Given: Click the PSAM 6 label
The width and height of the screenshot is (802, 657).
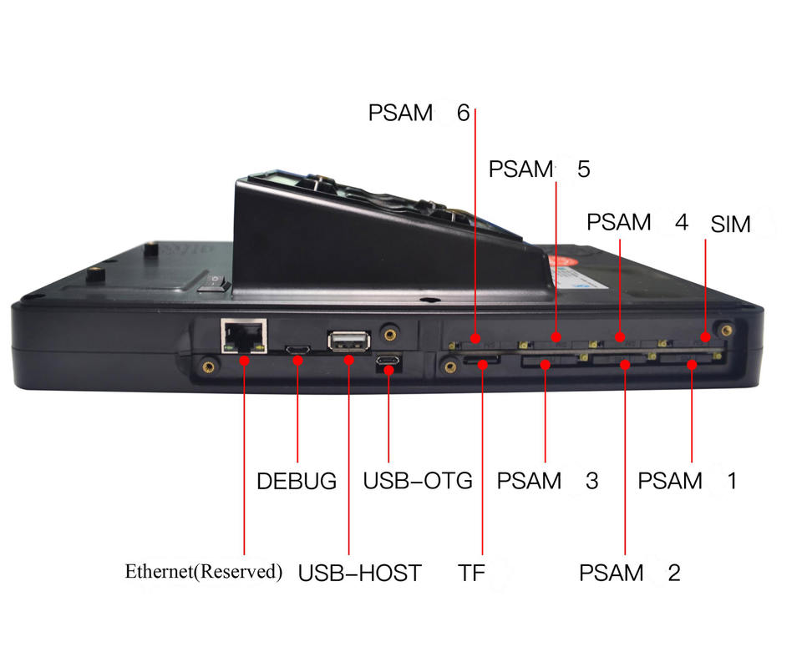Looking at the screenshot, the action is (x=419, y=114).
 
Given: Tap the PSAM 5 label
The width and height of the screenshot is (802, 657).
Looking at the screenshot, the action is (x=539, y=169).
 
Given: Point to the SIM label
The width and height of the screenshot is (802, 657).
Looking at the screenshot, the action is (x=731, y=225).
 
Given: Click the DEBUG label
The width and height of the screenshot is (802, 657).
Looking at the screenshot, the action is (x=297, y=482).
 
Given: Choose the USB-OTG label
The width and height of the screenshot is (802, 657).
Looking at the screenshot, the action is (x=418, y=482).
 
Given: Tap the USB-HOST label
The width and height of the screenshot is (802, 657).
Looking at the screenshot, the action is (x=359, y=574).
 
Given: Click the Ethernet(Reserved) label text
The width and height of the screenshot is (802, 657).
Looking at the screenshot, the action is (x=204, y=572).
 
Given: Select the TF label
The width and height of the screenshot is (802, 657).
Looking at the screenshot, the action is (x=471, y=574).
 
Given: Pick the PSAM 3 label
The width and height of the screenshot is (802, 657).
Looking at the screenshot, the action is (x=547, y=482).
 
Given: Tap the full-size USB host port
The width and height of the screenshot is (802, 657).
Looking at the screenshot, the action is (x=348, y=341).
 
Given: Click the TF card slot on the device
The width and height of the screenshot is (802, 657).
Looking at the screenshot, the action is (x=482, y=362).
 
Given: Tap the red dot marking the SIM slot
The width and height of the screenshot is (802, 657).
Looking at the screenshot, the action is (x=705, y=338).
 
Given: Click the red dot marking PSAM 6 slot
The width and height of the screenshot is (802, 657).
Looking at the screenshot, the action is (x=475, y=339).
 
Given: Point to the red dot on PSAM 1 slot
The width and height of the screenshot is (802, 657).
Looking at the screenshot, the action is (x=692, y=363).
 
